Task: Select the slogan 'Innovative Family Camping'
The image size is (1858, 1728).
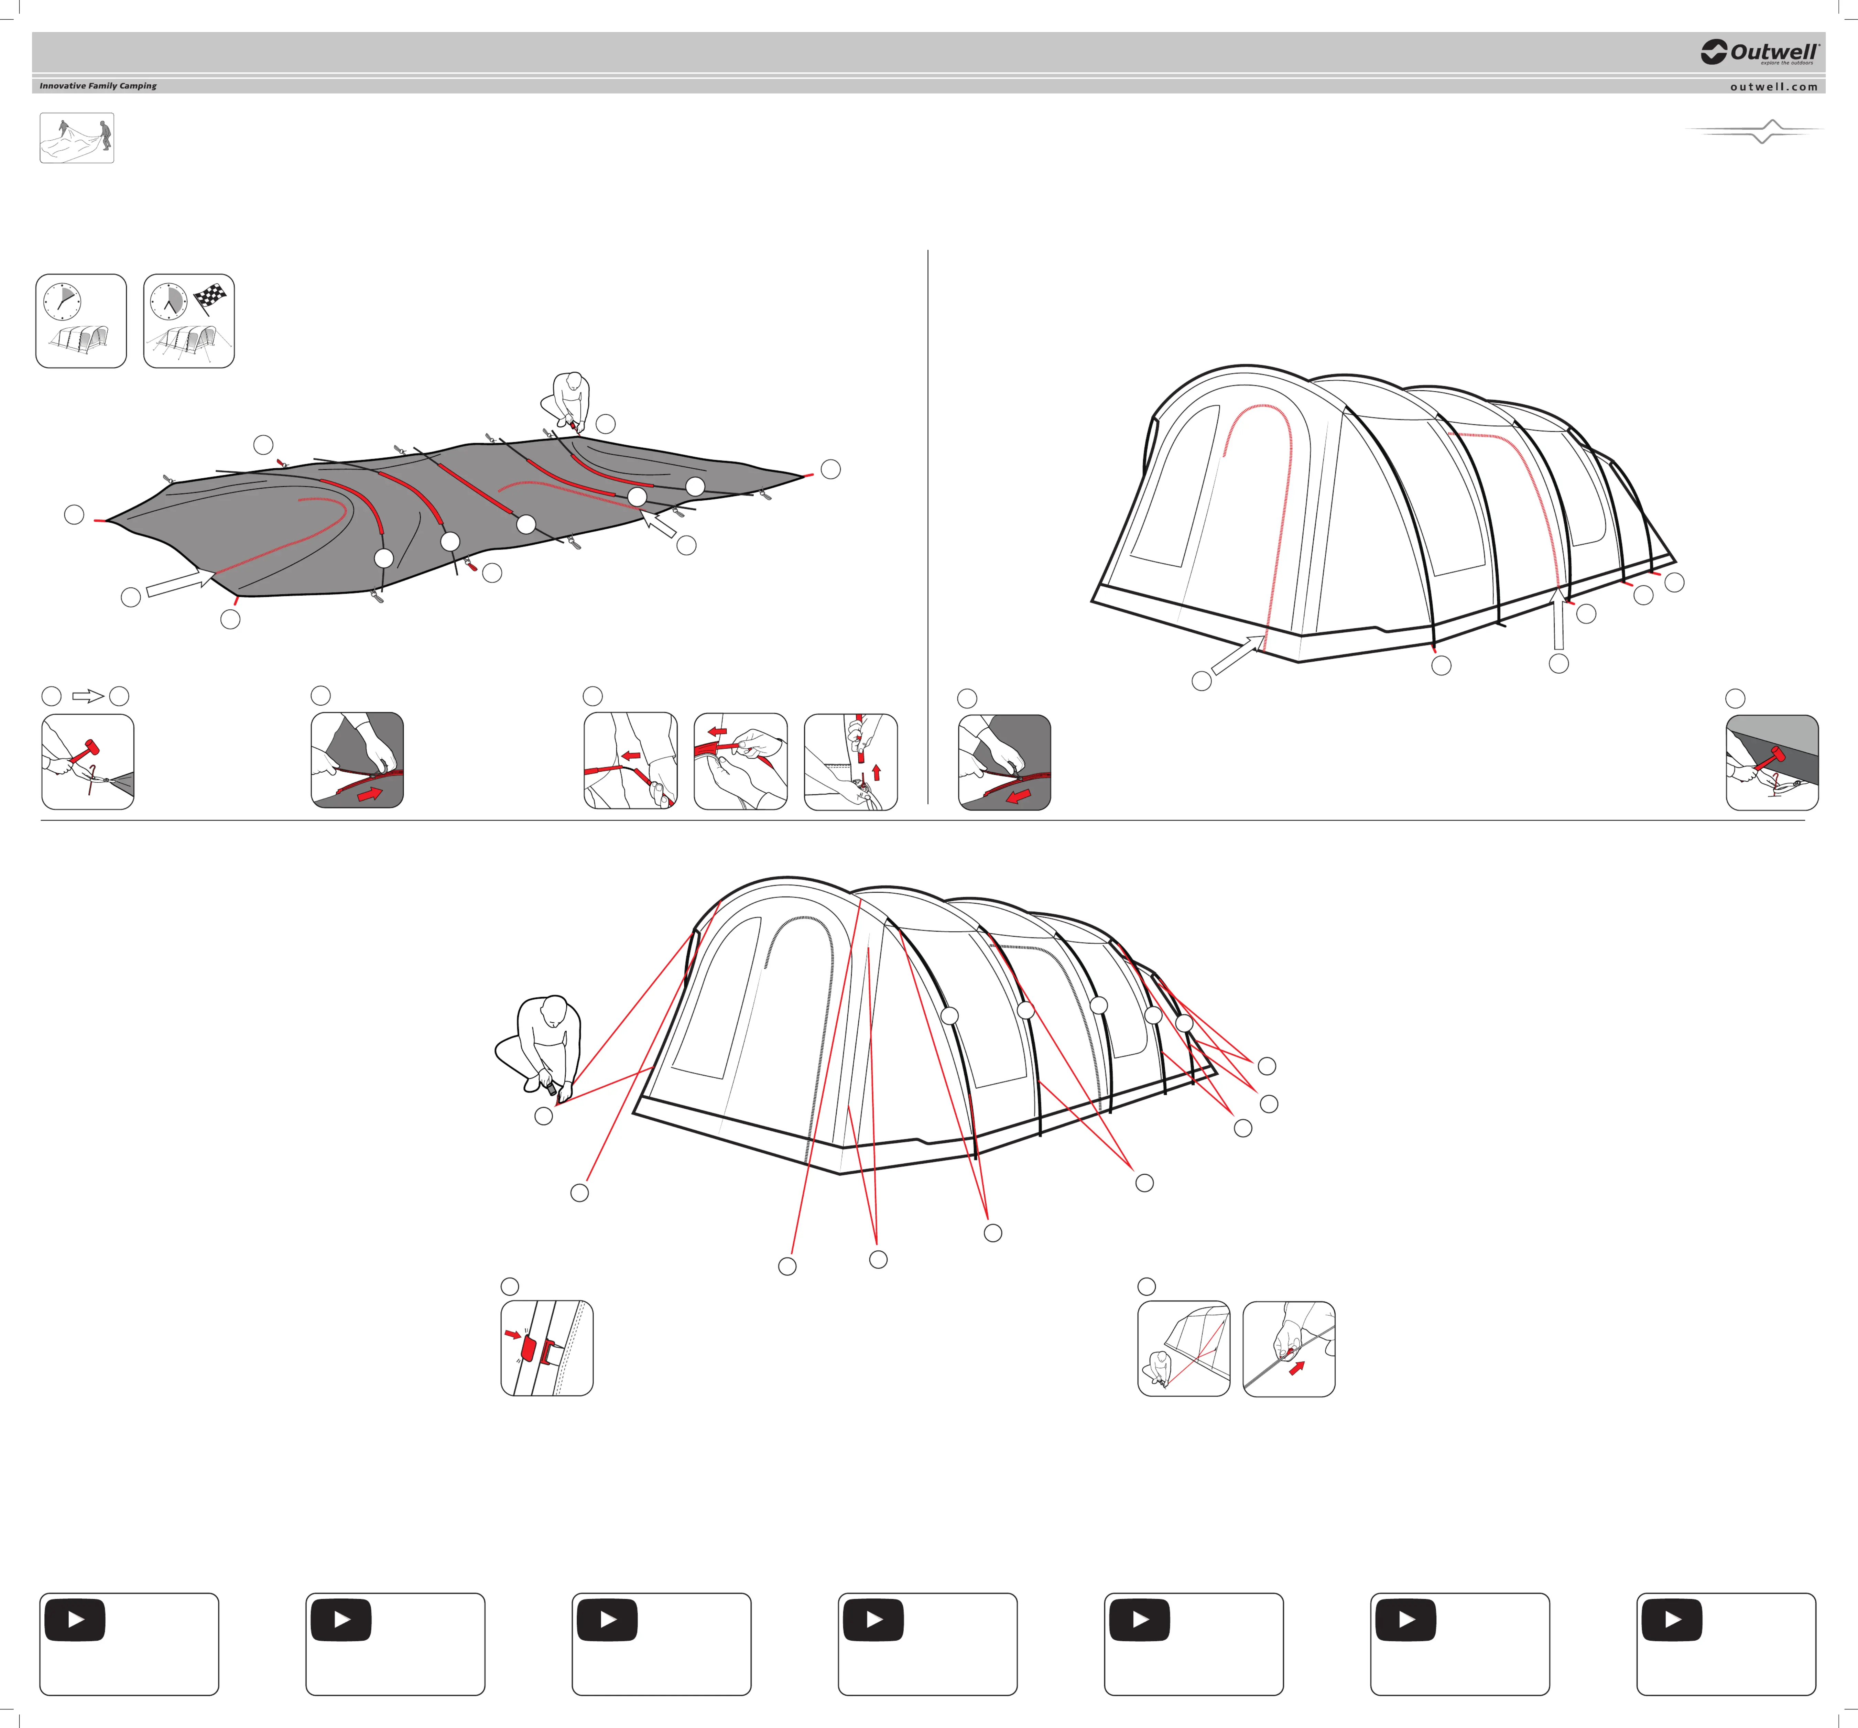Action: pos(98,86)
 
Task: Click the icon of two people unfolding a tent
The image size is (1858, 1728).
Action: pos(77,138)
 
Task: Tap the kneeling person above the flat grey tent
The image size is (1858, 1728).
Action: pos(565,400)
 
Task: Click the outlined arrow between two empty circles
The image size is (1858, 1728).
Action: pos(88,696)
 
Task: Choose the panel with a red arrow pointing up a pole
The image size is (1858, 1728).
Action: pos(850,762)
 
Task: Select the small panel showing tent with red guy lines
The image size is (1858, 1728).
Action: pos(1183,1349)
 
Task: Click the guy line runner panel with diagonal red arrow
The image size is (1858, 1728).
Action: pos(1289,1349)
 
